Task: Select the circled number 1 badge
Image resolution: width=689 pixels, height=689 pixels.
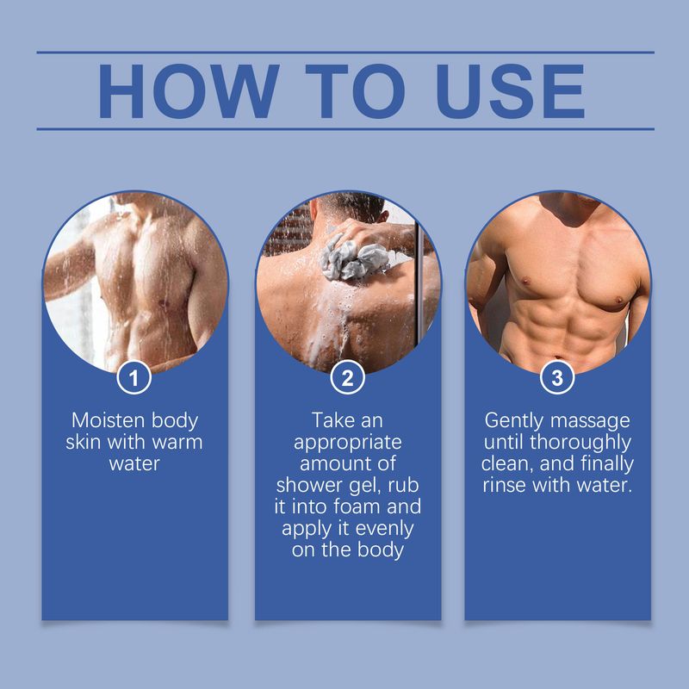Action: point(135,376)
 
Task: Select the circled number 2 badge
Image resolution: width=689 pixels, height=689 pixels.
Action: point(348,376)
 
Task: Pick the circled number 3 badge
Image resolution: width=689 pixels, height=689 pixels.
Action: point(558,376)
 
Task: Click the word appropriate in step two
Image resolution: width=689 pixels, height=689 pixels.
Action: point(348,443)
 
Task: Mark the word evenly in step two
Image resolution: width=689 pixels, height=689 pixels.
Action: point(379,529)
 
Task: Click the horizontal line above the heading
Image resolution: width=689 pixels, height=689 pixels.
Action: point(344,52)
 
